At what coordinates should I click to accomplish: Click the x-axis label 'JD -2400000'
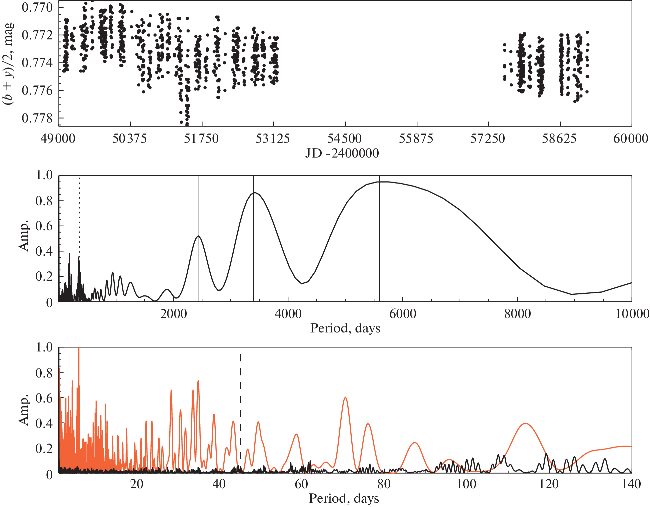click(342, 153)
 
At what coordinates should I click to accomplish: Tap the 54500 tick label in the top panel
click(344, 139)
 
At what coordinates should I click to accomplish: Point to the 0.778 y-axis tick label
click(37, 118)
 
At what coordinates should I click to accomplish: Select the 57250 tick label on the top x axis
click(488, 139)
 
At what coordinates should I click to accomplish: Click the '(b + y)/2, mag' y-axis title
click(9, 63)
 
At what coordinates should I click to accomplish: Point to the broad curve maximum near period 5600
click(383, 182)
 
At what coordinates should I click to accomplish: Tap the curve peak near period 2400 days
click(198, 236)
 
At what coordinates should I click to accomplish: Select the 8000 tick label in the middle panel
click(517, 314)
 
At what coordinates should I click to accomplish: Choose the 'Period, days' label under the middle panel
click(345, 328)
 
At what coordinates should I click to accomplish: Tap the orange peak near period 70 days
click(345, 398)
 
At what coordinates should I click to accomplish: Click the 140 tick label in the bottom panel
click(631, 484)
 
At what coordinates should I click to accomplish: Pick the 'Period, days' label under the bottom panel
click(344, 499)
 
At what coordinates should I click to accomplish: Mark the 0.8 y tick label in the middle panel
click(44, 201)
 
